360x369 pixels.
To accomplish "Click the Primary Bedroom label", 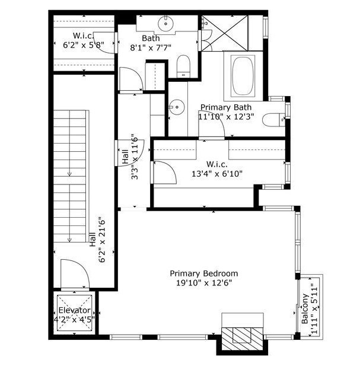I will [x=203, y=273].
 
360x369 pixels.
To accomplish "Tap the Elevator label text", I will [x=74, y=310].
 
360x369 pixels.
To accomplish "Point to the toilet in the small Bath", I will [x=183, y=65].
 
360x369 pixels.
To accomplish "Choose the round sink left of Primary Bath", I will [x=176, y=107].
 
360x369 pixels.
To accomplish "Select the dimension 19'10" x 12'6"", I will [x=203, y=283].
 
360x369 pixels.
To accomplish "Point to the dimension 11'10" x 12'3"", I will [x=226, y=117].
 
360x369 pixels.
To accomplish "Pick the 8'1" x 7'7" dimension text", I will [x=151, y=48].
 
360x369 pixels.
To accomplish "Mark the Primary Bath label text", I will [x=226, y=107].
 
